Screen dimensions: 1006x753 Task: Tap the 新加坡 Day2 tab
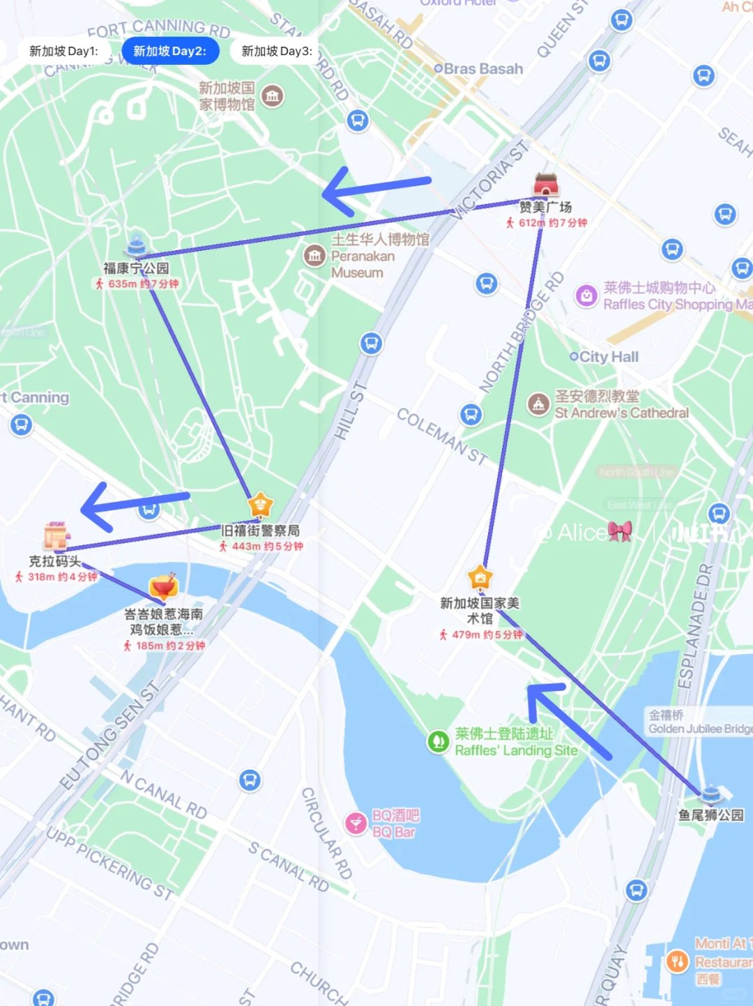(x=169, y=51)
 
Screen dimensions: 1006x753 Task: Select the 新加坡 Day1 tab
(x=63, y=51)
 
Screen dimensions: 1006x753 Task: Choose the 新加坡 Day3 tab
(x=276, y=51)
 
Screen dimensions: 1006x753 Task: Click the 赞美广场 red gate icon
(x=546, y=185)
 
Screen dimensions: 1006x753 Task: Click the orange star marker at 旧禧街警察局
(x=260, y=505)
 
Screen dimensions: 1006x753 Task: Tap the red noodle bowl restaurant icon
(x=163, y=588)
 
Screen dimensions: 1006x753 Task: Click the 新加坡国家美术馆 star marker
(x=480, y=578)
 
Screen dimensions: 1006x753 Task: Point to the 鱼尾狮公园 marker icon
(x=711, y=793)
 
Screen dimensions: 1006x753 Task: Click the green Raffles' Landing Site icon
(x=438, y=741)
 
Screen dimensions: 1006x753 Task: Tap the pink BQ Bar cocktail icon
(x=356, y=823)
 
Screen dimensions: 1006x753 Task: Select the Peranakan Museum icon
(x=314, y=256)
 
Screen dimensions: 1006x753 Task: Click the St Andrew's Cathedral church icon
(x=538, y=404)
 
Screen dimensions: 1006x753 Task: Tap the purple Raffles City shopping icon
(x=586, y=296)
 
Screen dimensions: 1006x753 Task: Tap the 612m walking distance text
(x=531, y=223)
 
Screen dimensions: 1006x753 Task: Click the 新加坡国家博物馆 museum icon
(x=273, y=96)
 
